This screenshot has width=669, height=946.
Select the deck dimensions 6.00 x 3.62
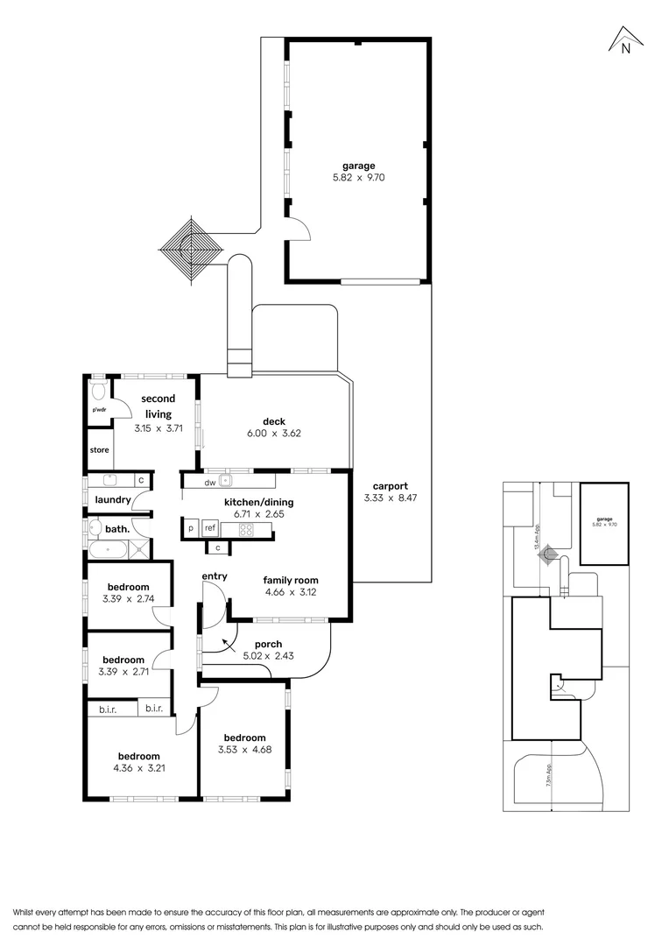click(275, 433)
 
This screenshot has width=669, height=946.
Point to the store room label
click(99, 450)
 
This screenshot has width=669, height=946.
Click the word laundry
click(112, 500)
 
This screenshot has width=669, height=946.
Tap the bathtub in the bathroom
click(108, 551)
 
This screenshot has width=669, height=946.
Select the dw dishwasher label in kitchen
click(209, 482)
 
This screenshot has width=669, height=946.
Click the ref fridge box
click(210, 529)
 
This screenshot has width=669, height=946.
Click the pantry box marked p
click(190, 529)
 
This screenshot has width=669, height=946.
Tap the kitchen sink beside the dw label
click(226, 480)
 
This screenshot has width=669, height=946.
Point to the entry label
click(215, 575)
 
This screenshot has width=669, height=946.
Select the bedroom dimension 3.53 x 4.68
click(243, 751)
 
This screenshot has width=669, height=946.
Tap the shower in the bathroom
click(138, 551)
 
